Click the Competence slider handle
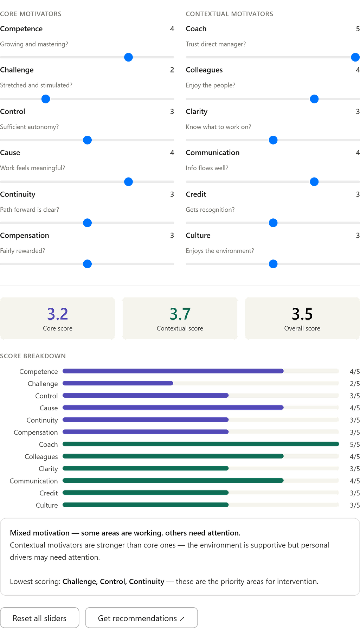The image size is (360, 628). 129,57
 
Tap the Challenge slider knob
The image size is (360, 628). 46,99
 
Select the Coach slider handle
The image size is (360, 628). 355,57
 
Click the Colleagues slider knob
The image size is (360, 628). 314,99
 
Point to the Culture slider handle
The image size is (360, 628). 273,264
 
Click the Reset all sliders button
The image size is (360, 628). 40,618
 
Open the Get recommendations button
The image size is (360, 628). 141,618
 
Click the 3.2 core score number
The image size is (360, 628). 58,314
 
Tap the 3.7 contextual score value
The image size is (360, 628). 180,314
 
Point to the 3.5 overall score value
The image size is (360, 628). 302,314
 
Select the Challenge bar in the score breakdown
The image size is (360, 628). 118,383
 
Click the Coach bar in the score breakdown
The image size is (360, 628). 201,444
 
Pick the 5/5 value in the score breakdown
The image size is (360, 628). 355,444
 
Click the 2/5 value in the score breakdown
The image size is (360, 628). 355,384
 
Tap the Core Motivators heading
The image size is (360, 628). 31,14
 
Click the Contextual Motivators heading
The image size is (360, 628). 230,14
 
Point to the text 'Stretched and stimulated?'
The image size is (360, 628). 36,85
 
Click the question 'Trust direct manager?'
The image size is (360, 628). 216,44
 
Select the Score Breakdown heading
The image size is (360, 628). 33,356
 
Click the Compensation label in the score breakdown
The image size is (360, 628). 36,432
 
